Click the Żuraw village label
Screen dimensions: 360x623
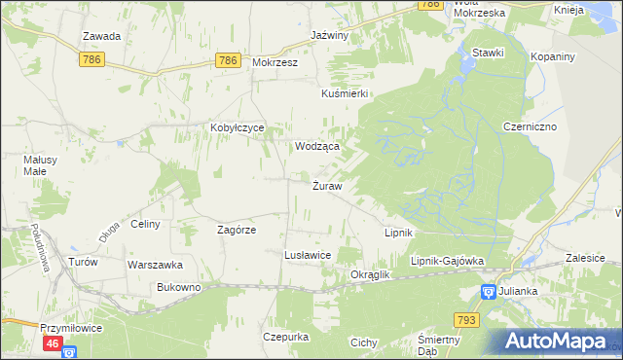point(326,186)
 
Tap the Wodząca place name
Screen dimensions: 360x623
point(317,146)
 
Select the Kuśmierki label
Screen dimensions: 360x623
point(345,93)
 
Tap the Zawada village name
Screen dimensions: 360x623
point(101,37)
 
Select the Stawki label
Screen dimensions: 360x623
point(487,53)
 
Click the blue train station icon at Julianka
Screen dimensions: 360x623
point(488,291)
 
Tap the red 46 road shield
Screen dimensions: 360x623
point(54,343)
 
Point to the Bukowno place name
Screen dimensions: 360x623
point(178,288)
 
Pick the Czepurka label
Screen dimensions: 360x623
point(285,337)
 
